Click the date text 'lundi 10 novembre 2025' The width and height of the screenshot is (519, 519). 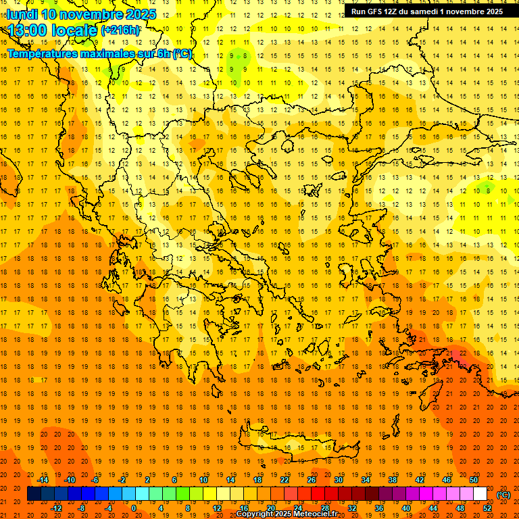point(81,14)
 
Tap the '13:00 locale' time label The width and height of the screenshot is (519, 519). point(53,30)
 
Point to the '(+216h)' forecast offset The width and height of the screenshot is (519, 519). point(120,30)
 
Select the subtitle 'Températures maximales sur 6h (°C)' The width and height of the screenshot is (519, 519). point(99,53)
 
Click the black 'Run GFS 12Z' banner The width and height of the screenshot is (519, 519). point(426,11)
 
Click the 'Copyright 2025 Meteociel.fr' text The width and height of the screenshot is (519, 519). point(287,514)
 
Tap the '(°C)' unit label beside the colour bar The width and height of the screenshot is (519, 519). point(503,495)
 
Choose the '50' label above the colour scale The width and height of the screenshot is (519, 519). point(473,480)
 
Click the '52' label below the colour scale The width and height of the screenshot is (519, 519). point(487,508)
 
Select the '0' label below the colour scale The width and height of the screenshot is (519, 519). point(134,508)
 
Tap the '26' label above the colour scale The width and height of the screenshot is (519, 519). point(312,480)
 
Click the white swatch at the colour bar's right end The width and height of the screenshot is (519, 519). point(480,494)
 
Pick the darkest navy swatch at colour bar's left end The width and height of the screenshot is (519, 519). point(34,494)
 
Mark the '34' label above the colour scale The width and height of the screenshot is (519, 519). point(366,480)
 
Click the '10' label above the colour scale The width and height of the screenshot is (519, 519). point(203,480)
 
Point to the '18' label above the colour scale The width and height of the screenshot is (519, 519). point(257,480)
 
